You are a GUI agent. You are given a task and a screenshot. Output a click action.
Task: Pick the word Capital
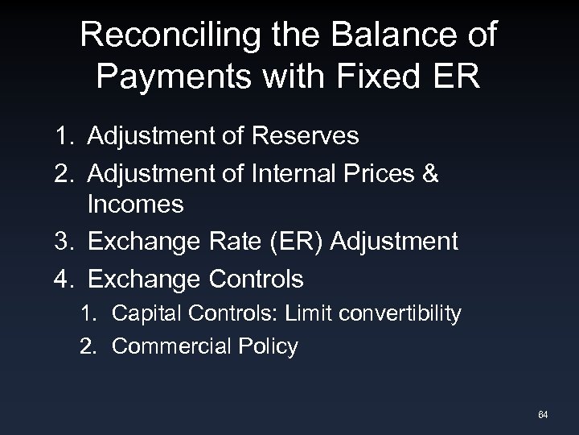point(143,313)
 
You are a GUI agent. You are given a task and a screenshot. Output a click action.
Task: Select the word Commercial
point(166,347)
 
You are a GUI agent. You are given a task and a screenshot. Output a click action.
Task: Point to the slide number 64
point(542,415)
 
